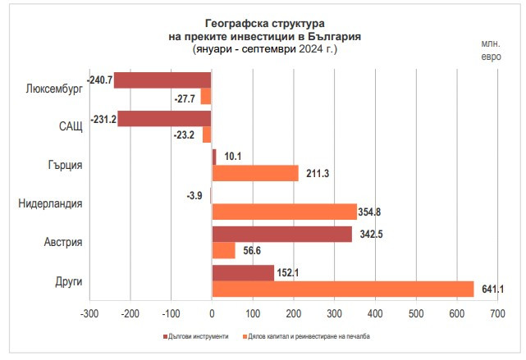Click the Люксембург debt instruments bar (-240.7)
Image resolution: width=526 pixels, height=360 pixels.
(x=162, y=80)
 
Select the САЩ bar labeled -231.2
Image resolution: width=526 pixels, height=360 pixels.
(x=164, y=119)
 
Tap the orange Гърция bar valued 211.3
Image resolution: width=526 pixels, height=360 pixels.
(x=255, y=173)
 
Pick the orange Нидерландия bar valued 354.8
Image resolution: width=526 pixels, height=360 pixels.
(x=284, y=212)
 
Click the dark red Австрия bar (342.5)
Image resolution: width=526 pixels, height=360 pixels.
(x=281, y=234)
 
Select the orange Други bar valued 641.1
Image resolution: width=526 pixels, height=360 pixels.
(x=343, y=289)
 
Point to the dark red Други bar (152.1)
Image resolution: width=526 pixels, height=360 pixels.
(x=243, y=273)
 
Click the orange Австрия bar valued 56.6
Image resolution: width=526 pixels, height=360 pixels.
(x=223, y=250)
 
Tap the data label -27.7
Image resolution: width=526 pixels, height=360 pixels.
(x=186, y=98)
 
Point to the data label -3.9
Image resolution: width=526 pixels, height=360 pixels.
(x=194, y=195)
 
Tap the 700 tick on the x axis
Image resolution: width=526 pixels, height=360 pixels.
(x=497, y=313)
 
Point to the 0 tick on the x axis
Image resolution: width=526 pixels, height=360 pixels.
(x=212, y=313)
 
